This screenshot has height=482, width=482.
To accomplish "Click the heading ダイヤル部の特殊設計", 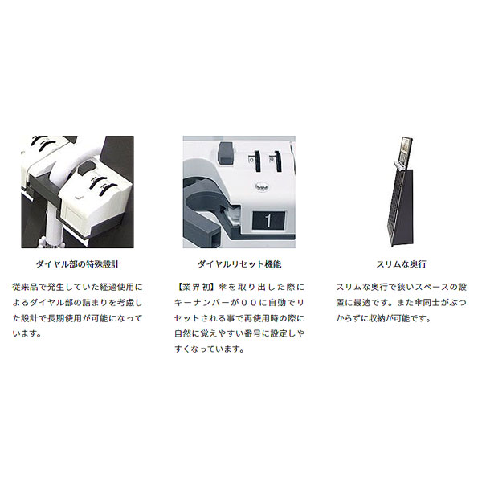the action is click(x=77, y=264).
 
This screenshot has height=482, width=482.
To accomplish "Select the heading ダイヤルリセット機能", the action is click(x=239, y=264).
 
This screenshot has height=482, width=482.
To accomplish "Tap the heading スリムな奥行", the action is click(x=401, y=264).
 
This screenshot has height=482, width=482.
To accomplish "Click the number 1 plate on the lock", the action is click(x=268, y=220).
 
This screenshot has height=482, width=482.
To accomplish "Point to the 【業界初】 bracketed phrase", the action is click(x=194, y=287).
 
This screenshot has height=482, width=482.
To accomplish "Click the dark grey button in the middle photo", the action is click(x=226, y=153).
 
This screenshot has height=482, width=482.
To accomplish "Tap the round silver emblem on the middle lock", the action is click(x=262, y=186).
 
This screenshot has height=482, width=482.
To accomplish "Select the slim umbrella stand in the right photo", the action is click(x=401, y=192).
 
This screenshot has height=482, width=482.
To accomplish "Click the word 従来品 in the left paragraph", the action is click(x=25, y=287).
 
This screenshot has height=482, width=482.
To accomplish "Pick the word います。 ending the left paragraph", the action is click(x=27, y=333).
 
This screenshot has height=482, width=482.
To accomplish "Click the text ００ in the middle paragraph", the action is click(x=249, y=303).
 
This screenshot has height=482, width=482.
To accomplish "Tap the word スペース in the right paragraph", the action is click(x=436, y=287).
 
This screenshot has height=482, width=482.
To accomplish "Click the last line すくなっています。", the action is click(x=210, y=349).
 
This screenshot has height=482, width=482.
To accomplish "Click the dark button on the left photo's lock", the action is click(x=86, y=168).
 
